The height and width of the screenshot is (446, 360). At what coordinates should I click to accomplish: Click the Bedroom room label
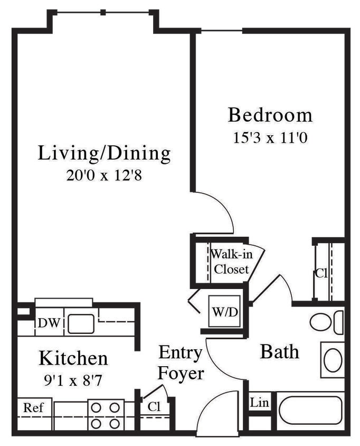tap(270, 115)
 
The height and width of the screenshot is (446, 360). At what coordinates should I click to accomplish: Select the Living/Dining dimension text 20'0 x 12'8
tap(105, 175)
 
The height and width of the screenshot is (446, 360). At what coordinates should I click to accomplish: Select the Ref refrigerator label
tap(33, 408)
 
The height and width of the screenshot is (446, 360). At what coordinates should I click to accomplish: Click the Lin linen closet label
tap(259, 403)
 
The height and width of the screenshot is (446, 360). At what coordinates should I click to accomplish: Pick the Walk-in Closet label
tap(231, 261)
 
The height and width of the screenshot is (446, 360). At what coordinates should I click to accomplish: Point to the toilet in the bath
tap(325, 322)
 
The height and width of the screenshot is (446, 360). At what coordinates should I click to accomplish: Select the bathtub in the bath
tap(310, 410)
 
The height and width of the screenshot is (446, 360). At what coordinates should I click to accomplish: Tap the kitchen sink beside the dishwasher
tap(81, 323)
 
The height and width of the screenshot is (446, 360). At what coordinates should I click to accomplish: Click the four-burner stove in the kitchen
tap(106, 415)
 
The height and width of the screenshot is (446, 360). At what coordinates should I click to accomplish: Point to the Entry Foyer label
tap(181, 363)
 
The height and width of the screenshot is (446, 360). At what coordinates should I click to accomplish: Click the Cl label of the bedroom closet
tap(321, 273)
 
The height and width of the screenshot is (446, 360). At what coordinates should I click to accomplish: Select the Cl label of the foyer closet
tap(154, 408)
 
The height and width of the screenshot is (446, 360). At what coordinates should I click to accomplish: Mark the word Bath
tap(279, 352)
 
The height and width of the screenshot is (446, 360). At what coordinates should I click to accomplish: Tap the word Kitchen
tap(73, 359)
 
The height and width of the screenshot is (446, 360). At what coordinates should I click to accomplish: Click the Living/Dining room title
tap(105, 153)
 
